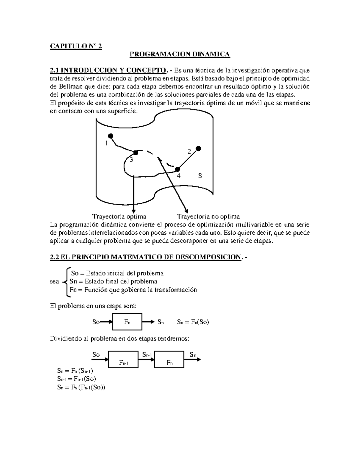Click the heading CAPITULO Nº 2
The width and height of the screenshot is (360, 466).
76,46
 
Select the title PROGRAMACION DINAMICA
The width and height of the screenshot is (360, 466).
179,54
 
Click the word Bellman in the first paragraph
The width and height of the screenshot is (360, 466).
62,87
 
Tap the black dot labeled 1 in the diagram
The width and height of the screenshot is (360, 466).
110,136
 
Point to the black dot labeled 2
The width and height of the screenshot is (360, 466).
198,148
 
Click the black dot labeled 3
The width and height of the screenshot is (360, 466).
136,153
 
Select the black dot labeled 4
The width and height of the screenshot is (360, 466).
178,169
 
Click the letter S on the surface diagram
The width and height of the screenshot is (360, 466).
200,176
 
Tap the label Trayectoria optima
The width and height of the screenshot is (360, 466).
119,217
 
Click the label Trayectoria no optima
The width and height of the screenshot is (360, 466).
208,217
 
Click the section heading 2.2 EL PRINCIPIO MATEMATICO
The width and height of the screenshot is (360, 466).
145,257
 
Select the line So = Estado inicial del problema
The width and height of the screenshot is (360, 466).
117,273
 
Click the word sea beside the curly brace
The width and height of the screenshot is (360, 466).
54,282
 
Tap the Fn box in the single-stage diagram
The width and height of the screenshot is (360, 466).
127,322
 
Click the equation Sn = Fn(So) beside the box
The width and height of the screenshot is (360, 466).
193,322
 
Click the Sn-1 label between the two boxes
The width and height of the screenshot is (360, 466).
147,355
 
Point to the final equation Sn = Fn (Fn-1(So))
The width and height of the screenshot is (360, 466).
81,387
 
